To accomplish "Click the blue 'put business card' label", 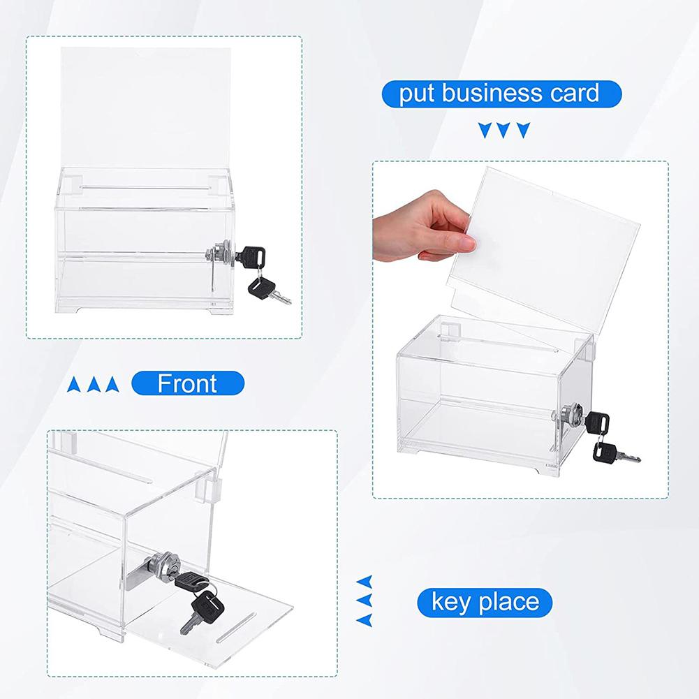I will [x=501, y=93].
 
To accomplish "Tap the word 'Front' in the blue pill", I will [x=187, y=383].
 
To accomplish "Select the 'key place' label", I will [x=485, y=601].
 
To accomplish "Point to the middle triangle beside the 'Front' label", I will [x=91, y=384].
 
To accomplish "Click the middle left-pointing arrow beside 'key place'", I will [x=364, y=600].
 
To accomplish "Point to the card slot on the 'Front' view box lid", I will [x=147, y=186].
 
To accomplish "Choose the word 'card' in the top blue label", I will [x=574, y=93].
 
